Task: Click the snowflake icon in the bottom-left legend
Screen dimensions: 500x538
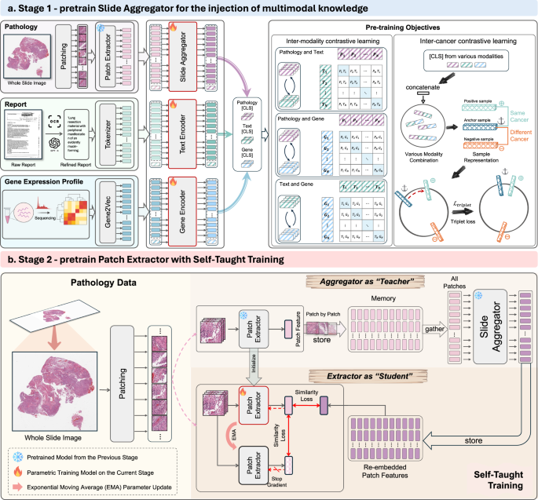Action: pos(18,456)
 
